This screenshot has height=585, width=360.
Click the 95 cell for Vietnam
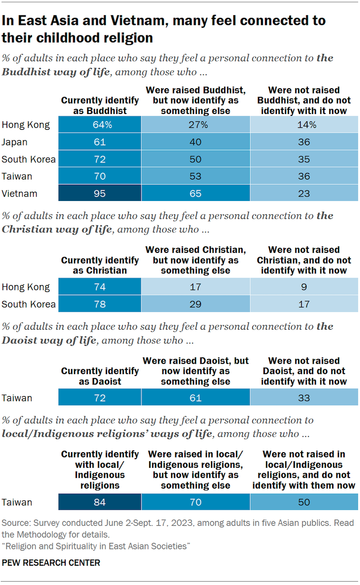100,193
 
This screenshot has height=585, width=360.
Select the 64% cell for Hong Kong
100,125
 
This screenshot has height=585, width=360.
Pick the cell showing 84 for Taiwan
100,501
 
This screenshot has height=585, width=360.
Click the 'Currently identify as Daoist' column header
100,376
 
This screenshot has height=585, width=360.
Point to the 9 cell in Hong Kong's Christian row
304,287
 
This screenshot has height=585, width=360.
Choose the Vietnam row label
19,193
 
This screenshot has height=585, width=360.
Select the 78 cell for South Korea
100,304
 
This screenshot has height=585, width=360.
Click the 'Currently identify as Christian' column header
100,265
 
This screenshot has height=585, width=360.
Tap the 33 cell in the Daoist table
304,398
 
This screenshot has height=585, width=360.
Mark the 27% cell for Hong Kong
195,125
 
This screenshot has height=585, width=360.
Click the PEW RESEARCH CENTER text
51,562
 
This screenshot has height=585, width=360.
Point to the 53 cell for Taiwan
195,176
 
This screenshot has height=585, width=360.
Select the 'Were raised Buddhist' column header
195,100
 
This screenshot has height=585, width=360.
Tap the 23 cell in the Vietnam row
304,193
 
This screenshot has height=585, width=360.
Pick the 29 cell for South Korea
195,304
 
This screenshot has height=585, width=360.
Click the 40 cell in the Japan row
195,142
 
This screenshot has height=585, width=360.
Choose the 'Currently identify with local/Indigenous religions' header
100,469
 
